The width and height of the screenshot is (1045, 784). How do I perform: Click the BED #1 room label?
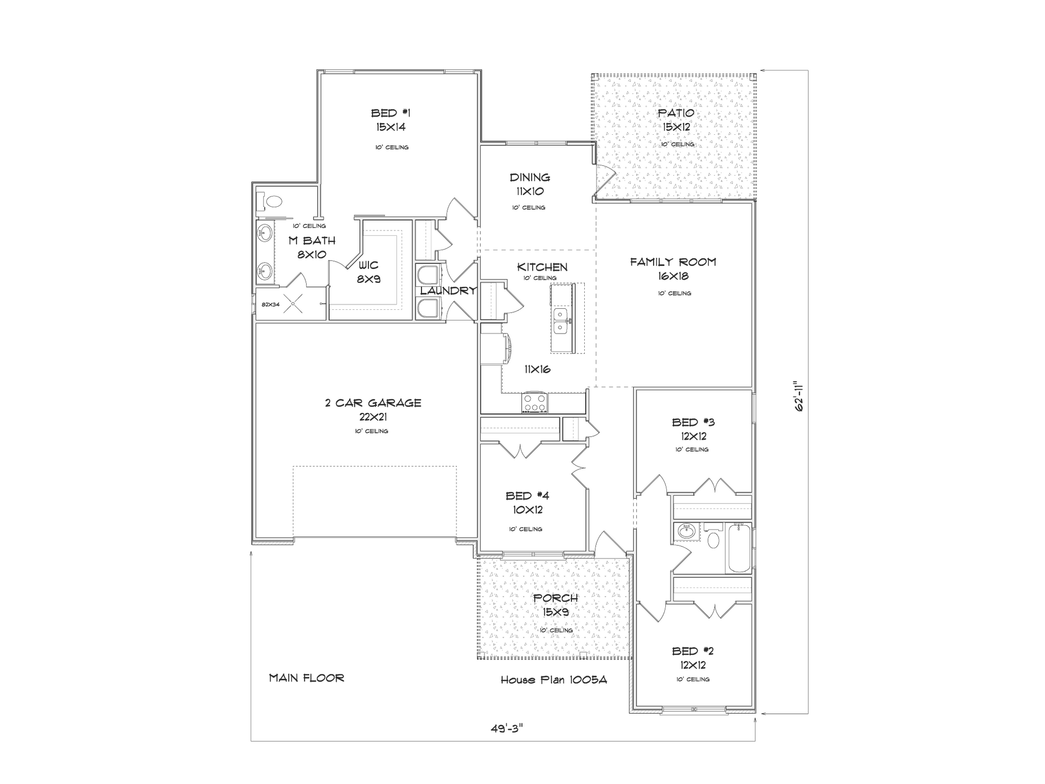390,113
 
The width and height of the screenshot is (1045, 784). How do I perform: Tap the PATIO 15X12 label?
676,120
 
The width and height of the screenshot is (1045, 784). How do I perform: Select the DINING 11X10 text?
530,184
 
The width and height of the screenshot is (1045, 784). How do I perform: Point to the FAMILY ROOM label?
673,263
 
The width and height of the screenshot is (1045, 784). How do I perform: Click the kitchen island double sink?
561,321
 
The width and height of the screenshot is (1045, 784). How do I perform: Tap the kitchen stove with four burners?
534,403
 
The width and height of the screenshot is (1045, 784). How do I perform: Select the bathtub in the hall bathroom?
739,548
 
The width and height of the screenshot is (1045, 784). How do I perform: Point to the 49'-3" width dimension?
506,729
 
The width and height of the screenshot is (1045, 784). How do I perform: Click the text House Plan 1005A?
554,680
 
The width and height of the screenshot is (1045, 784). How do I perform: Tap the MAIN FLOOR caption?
307,678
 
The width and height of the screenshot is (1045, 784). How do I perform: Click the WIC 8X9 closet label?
369,272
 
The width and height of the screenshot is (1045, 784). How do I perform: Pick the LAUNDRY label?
448,291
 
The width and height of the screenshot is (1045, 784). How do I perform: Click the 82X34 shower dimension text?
271,304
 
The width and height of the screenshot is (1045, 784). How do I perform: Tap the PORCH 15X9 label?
555,605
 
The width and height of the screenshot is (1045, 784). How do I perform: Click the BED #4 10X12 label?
527,503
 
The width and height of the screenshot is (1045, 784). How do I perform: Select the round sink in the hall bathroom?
686,532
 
